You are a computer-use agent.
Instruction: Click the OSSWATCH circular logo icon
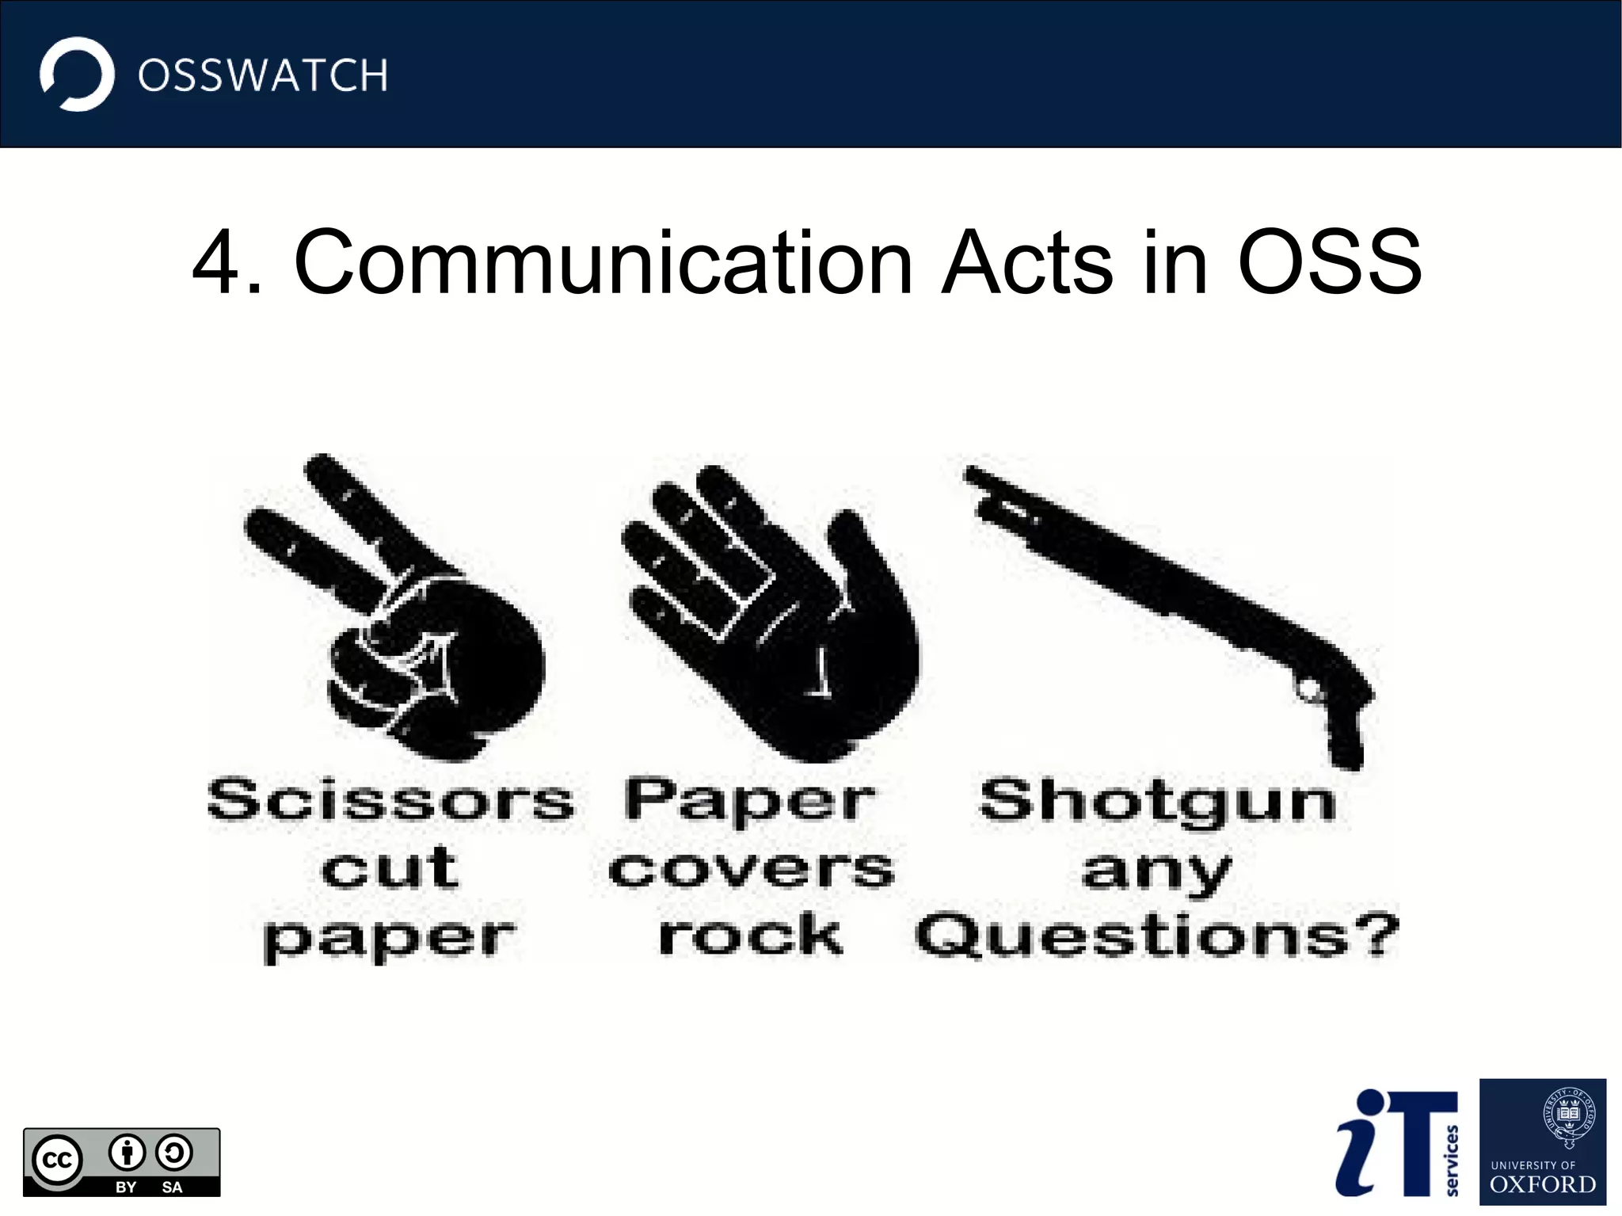(x=77, y=74)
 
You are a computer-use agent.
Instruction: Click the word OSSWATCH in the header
(x=263, y=76)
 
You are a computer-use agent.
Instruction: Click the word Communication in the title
(x=603, y=262)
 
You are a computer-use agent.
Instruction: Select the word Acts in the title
(x=1027, y=262)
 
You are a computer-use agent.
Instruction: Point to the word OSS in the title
(x=1330, y=262)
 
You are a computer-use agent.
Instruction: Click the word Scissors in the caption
(x=390, y=800)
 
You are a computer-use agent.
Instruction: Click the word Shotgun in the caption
(x=1157, y=800)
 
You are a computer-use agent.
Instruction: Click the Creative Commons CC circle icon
(x=57, y=1161)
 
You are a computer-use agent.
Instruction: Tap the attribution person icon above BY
(x=127, y=1153)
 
